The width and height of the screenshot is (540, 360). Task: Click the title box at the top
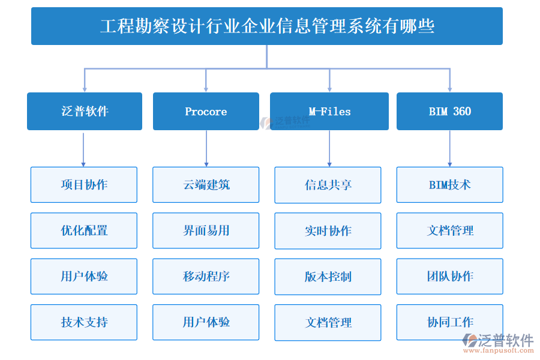[267, 26]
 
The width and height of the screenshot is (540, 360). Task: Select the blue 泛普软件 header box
[85, 111]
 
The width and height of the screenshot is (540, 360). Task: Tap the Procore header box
[206, 111]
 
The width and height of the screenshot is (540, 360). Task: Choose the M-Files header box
[329, 111]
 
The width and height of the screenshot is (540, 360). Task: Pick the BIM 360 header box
[449, 111]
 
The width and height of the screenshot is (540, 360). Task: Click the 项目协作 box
[84, 185]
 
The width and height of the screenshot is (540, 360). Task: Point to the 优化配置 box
[84, 230]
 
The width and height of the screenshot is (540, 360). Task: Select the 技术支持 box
[84, 322]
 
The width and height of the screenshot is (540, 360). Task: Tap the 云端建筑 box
[206, 185]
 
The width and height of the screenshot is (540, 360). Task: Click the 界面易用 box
[206, 230]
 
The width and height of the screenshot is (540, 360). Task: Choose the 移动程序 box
[206, 277]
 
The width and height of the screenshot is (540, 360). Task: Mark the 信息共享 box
[328, 185]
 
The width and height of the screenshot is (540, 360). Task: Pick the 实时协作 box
[328, 230]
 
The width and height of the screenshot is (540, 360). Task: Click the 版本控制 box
[328, 277]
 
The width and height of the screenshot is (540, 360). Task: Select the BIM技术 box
[449, 185]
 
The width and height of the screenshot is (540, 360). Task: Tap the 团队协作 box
[449, 277]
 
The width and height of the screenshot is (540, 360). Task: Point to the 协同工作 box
[449, 322]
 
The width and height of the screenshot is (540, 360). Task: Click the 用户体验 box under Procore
[206, 322]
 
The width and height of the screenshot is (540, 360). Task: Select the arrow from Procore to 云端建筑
[206, 148]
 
